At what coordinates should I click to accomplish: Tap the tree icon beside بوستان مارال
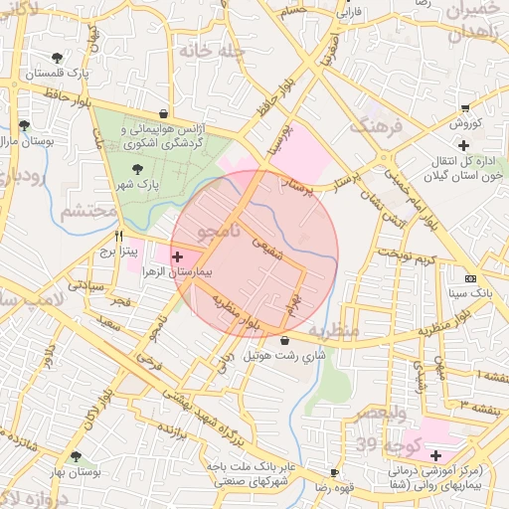tap(24, 125)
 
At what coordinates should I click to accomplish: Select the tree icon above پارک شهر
tap(136, 168)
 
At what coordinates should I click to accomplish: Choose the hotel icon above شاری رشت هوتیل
tap(285, 340)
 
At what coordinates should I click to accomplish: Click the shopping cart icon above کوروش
tap(465, 107)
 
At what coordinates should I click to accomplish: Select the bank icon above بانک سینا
tap(470, 278)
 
